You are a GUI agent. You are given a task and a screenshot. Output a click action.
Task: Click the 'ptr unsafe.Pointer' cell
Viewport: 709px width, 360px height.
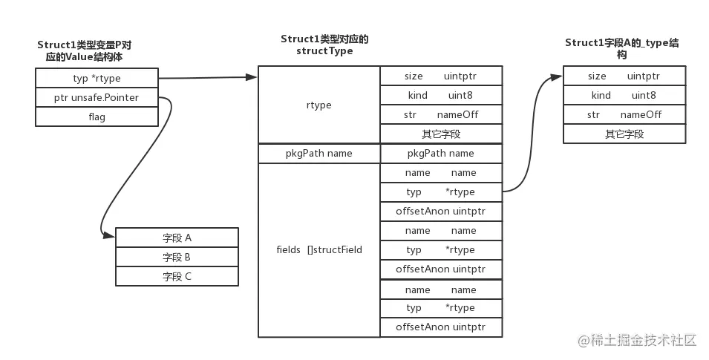[x=97, y=97]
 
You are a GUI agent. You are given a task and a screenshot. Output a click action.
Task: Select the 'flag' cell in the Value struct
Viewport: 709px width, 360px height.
[x=97, y=117]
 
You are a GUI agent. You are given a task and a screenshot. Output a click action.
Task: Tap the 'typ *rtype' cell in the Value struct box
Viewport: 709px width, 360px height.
[x=97, y=78]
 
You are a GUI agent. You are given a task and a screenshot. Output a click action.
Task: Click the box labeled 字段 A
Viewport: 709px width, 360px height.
[x=177, y=238]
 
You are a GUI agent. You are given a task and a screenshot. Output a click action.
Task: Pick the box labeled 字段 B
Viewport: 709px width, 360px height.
[x=177, y=257]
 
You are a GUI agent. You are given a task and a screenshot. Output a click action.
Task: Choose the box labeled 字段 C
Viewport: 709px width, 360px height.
[x=177, y=276]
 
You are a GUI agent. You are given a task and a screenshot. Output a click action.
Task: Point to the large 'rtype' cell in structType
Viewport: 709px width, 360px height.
[x=318, y=105]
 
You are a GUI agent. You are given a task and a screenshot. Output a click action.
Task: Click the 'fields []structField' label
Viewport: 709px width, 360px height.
[x=318, y=249]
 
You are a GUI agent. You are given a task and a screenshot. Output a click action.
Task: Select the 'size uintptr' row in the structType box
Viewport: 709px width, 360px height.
[x=441, y=76]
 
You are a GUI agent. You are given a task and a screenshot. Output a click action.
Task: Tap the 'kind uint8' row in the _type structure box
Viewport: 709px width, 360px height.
[x=624, y=95]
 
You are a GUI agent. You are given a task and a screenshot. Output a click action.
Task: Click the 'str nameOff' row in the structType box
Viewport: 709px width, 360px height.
[x=441, y=114]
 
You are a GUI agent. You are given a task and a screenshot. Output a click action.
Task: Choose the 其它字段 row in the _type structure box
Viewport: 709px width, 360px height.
[x=624, y=134]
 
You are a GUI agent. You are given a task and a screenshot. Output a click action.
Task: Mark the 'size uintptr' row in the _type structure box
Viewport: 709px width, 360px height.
[x=624, y=76]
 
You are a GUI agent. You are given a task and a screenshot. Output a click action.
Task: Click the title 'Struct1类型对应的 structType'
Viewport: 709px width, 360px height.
[x=324, y=45]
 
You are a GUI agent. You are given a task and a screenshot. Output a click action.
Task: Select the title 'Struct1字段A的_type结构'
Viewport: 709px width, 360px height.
[x=621, y=48]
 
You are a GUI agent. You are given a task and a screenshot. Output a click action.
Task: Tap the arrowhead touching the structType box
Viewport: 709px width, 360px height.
[x=252, y=76]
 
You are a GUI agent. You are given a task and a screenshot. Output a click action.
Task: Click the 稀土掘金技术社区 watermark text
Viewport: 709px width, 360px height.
[x=642, y=341]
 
